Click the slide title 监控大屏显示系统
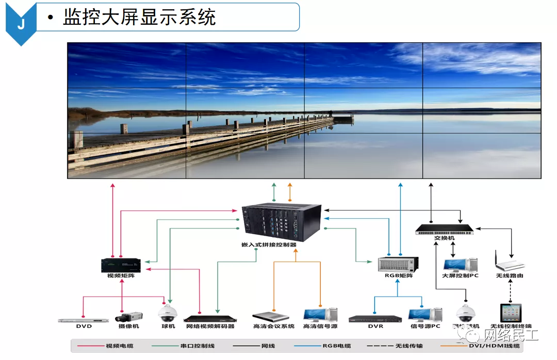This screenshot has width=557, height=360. click(139, 18)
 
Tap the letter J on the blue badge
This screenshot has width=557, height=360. click(21, 24)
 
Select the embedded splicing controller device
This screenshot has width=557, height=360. click(282, 222)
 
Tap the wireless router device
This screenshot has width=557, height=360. click(509, 264)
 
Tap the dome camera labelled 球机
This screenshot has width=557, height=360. click(168, 313)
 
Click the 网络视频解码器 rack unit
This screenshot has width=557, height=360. click(209, 318)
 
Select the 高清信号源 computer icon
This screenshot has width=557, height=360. click(320, 315)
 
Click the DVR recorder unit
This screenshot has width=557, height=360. click(375, 319)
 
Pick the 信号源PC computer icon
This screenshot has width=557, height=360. click(424, 315)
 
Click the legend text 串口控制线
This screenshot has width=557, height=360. click(196, 346)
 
